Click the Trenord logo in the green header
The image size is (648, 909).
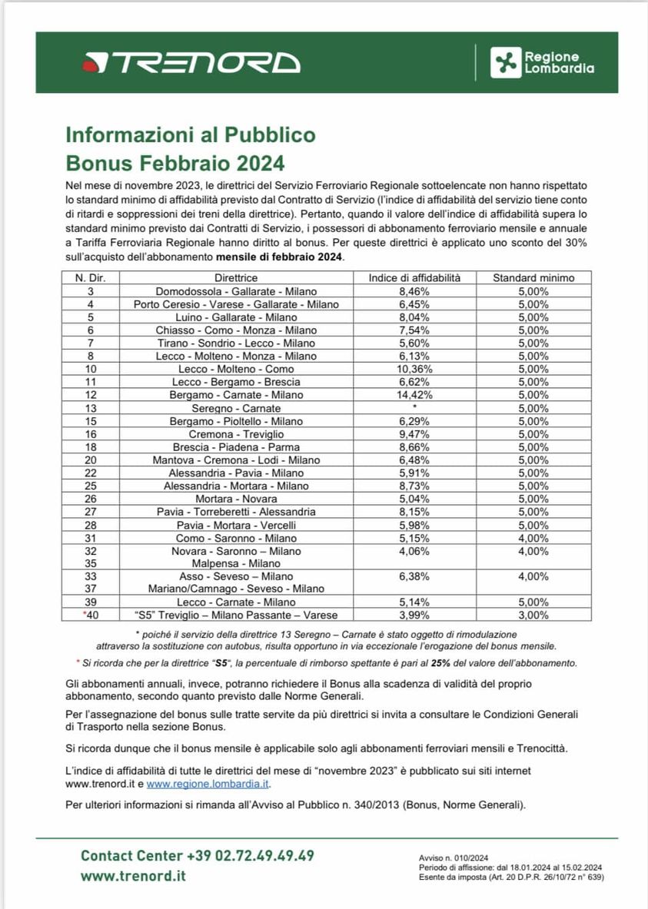pos(191,62)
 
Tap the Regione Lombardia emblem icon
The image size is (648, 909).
pos(505,62)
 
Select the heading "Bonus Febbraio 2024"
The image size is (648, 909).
pos(175,163)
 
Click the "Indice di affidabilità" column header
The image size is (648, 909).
pos(414,277)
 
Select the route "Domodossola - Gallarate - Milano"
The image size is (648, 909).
pos(236,291)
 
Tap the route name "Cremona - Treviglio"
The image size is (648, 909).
pos(236,434)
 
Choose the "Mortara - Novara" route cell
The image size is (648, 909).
pos(236,499)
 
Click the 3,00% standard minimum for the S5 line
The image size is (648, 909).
pos(533,615)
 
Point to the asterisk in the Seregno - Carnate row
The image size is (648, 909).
pos(414,408)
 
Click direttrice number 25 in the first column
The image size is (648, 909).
pos(91,486)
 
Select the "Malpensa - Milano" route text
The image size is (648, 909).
pos(236,563)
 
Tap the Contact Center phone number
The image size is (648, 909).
pos(250,856)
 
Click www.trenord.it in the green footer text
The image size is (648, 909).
pos(133,877)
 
